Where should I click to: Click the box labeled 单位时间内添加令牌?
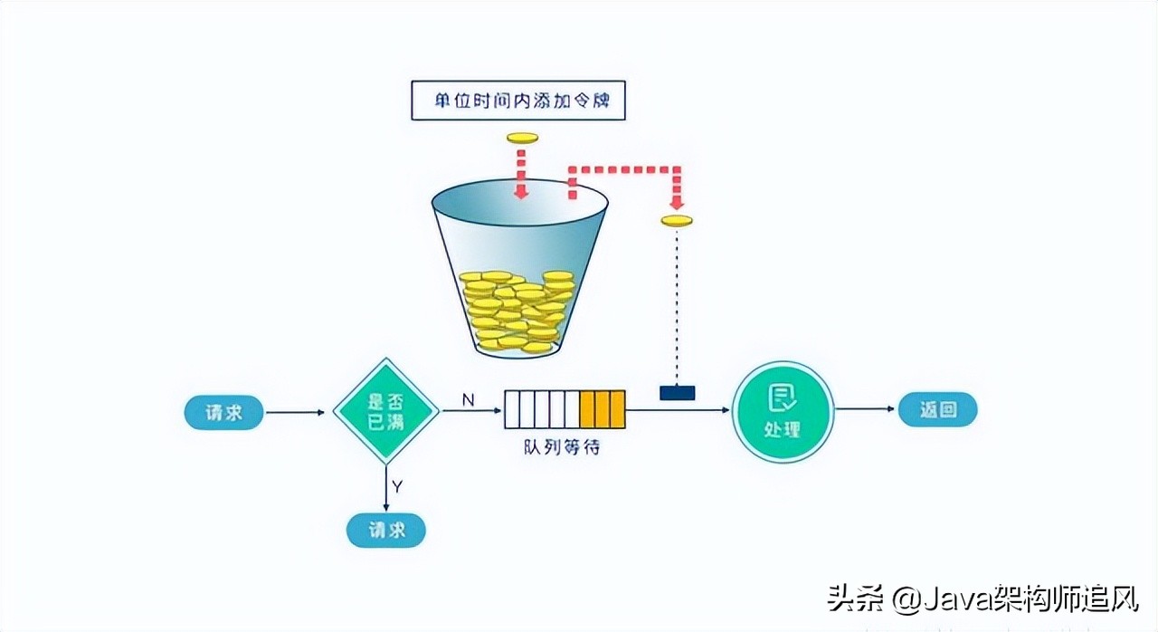[518, 101]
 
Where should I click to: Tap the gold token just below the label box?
[522, 138]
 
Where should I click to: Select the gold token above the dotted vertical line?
[677, 220]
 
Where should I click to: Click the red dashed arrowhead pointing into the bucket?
[521, 191]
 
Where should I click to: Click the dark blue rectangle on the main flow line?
[677, 393]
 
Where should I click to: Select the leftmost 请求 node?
[224, 412]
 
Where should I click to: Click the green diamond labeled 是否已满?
[386, 412]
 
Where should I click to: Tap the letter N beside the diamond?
[468, 398]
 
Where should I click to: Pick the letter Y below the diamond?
[397, 487]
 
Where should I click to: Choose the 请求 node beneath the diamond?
[386, 530]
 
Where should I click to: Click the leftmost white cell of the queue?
[512, 409]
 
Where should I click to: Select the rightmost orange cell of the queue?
[617, 409]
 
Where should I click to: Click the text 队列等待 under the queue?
[562, 446]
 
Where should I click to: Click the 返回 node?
[937, 409]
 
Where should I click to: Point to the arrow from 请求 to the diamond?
[295, 413]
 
